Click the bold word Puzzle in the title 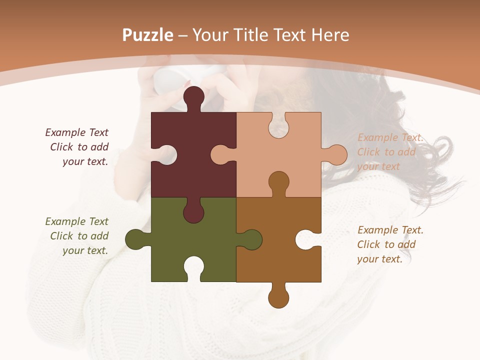pos(147,35)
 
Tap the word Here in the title pos(330,35)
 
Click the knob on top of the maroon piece pos(193,96)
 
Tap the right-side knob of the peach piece pos(336,154)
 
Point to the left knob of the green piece pos(135,239)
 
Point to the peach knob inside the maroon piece pos(221,154)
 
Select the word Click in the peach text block pos(368,152)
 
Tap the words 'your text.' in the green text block pos(85,250)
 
